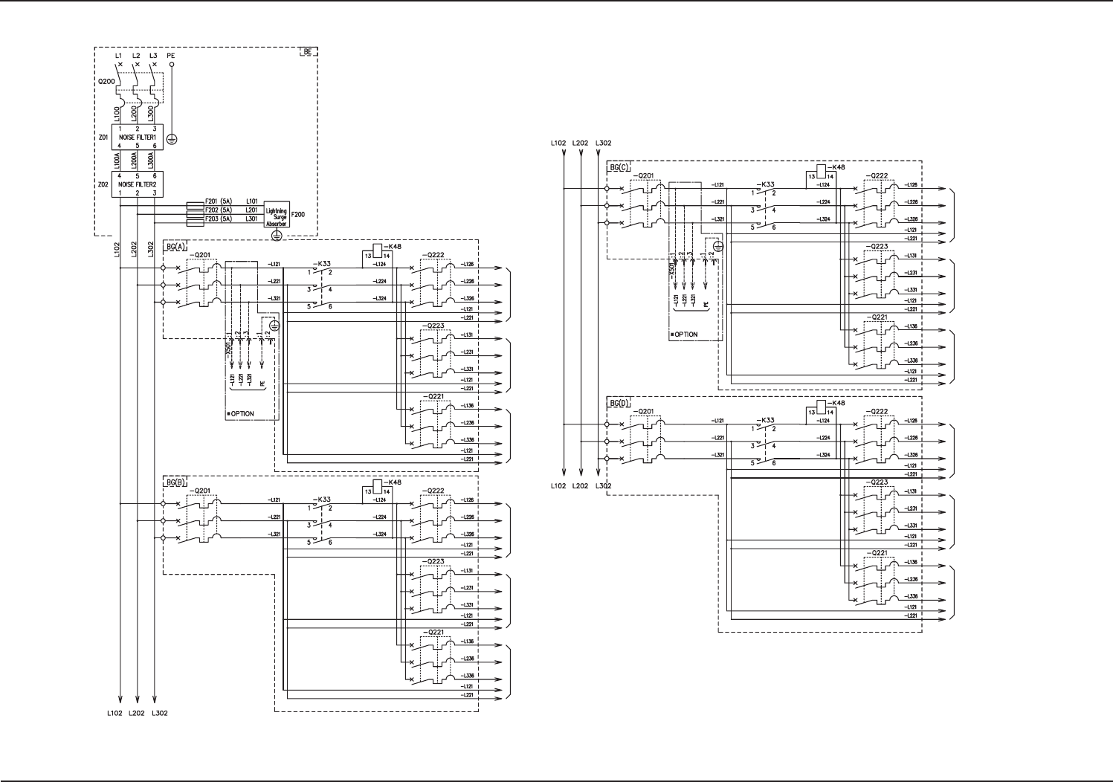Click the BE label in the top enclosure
(308, 52)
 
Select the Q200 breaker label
(106, 82)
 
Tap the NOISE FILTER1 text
(138, 138)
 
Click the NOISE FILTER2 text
(138, 184)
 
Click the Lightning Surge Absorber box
(277, 215)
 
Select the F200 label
(297, 214)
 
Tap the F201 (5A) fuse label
(219, 201)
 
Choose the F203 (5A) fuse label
(219, 219)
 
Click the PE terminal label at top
(171, 55)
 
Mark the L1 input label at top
(119, 55)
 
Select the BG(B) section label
(175, 482)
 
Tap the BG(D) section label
(619, 403)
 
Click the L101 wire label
(252, 201)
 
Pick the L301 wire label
(252, 219)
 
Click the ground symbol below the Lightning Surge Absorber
(277, 235)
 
